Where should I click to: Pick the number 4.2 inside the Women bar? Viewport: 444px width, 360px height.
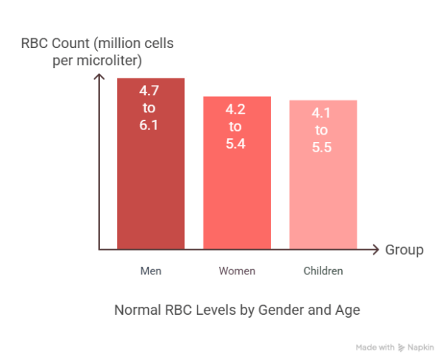[237, 109]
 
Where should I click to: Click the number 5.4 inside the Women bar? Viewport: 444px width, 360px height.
[237, 143]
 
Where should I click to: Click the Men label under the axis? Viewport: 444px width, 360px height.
[150, 271]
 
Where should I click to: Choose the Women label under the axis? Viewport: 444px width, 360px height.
[237, 271]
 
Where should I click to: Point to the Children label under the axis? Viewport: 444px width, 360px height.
[323, 271]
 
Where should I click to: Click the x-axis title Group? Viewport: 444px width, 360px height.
[404, 250]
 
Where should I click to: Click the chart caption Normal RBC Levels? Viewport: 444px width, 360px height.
[237, 310]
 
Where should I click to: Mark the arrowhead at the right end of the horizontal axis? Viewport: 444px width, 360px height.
[376, 249]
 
